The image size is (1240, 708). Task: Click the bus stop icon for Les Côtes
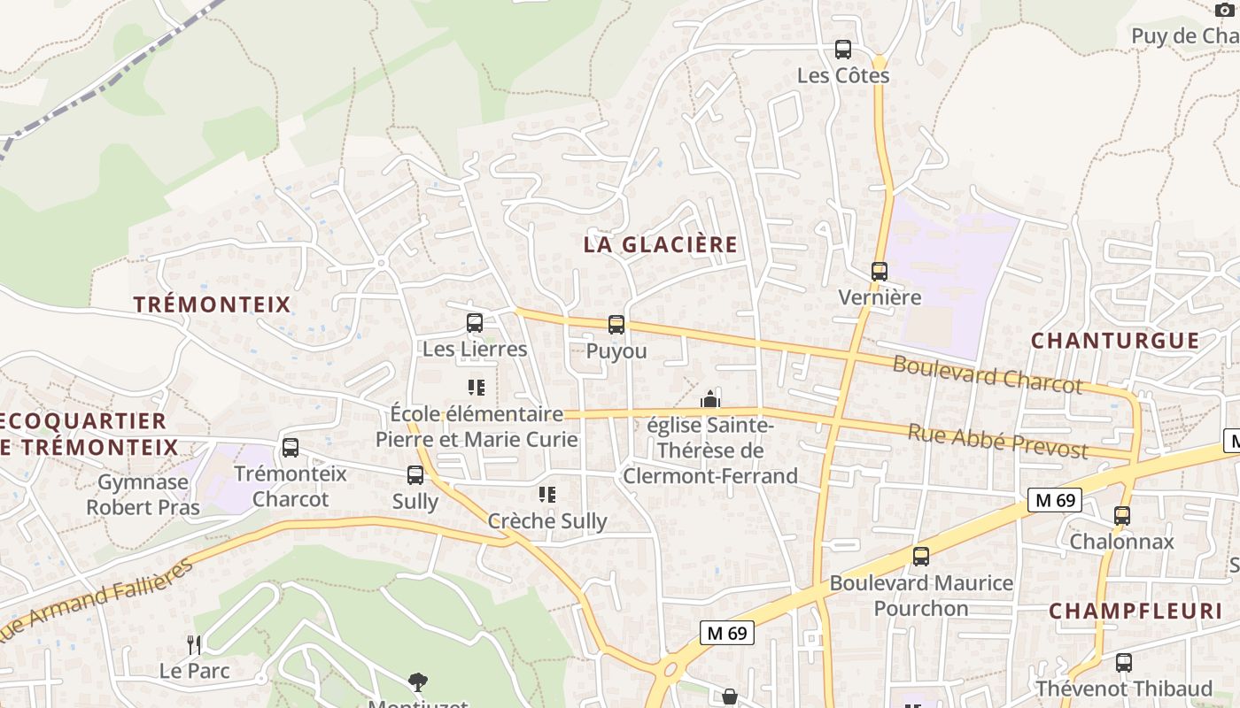(x=843, y=50)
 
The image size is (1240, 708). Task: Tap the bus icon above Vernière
(x=879, y=272)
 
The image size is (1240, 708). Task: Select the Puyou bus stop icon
(x=616, y=325)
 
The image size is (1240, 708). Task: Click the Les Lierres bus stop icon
(x=475, y=323)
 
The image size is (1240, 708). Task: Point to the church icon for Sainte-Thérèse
(x=709, y=399)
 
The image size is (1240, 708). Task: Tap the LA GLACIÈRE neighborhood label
(x=660, y=245)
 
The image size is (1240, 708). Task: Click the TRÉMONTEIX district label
(x=212, y=304)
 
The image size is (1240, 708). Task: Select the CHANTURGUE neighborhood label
(x=1115, y=341)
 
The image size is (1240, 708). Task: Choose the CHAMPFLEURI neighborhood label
(x=1135, y=611)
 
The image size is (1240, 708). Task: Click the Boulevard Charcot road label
(x=987, y=374)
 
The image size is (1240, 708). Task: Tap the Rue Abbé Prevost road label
(x=997, y=440)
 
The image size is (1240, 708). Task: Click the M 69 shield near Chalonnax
(x=1055, y=500)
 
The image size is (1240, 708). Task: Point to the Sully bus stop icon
(x=415, y=475)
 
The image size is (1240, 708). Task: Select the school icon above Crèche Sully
(x=547, y=495)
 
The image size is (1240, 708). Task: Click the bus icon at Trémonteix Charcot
(x=291, y=448)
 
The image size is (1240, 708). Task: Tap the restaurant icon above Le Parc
(x=195, y=644)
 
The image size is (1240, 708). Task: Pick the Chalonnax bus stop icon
(x=1122, y=516)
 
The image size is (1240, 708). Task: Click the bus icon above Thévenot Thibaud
(x=1124, y=662)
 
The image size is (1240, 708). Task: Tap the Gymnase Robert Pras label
(x=143, y=495)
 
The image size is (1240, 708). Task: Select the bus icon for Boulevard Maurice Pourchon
(x=921, y=557)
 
